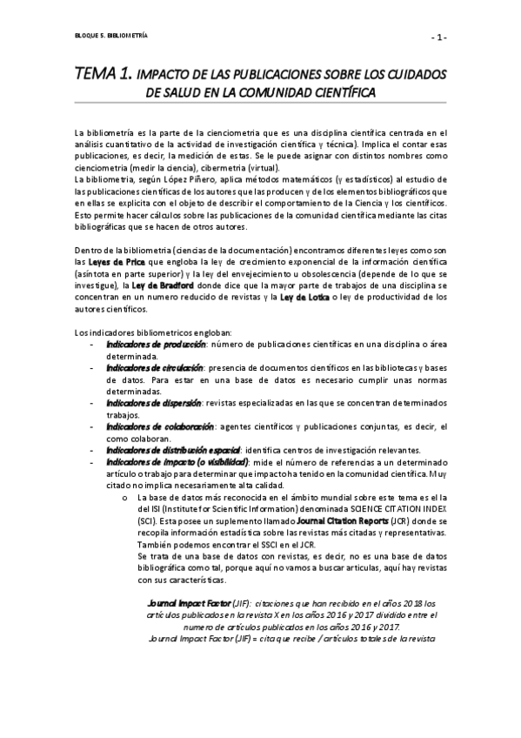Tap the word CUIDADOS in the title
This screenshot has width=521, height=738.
407,73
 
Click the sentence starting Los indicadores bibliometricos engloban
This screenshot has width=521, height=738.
139,332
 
